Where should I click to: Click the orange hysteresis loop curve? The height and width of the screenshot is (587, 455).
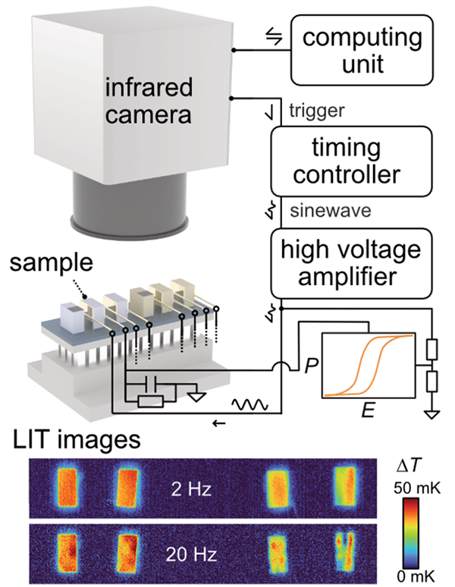click(372, 360)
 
